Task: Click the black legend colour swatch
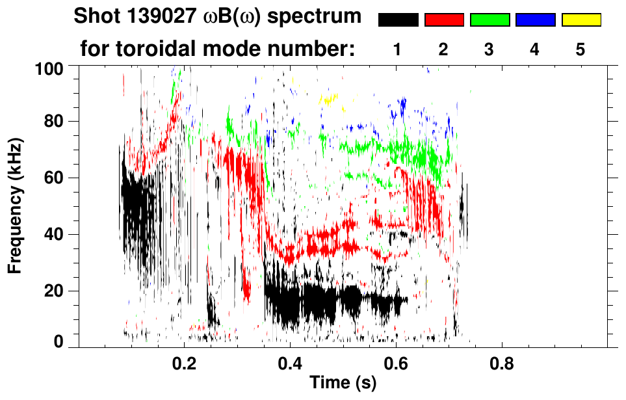(398, 20)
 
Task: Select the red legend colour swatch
(444, 20)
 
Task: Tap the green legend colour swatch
(489, 20)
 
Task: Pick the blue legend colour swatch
(535, 20)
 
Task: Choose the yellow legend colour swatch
(580, 20)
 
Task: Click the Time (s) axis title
(343, 384)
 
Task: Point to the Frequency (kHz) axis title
(15, 206)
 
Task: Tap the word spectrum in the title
(320, 16)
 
